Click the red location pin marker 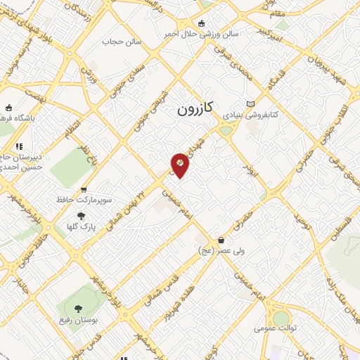(x=180, y=165)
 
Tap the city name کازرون (x=195, y=110)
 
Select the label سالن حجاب (x=122, y=41)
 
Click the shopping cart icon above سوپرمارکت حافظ (x=84, y=189)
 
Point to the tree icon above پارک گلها (x=81, y=216)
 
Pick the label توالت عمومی (x=275, y=328)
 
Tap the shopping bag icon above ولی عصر (x=221, y=240)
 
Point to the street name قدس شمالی (x=149, y=281)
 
